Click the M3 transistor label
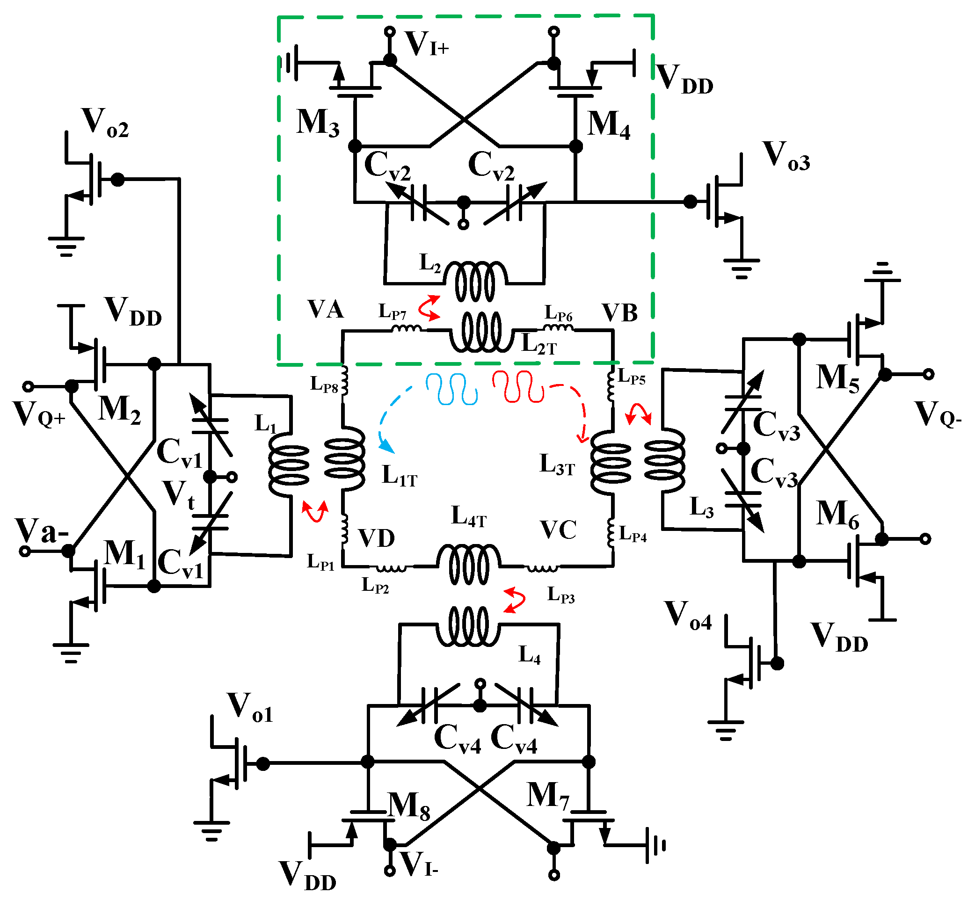point(318,123)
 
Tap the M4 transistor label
point(609,125)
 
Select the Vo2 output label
point(105,123)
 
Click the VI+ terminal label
point(427,44)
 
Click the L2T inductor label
point(538,344)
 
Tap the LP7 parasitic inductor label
point(392,312)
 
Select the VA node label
point(325,310)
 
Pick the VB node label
point(619,313)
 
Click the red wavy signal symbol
point(518,387)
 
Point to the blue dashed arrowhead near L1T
point(388,445)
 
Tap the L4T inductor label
point(468,516)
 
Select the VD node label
point(377,538)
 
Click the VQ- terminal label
point(938,415)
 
